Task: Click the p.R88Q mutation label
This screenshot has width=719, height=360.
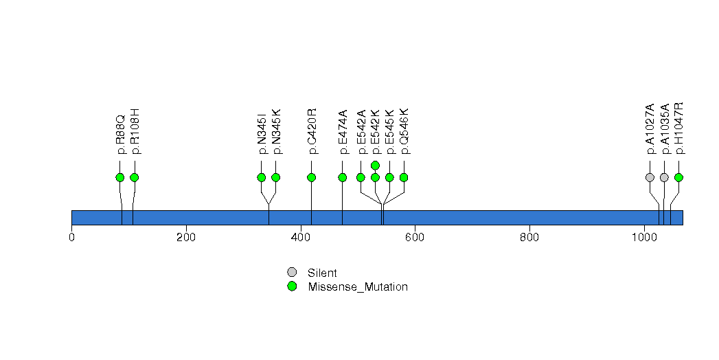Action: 120,134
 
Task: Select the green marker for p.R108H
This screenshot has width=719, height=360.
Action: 135,177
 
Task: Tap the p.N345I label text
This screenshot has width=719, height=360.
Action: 262,134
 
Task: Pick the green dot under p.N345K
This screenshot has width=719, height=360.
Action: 276,177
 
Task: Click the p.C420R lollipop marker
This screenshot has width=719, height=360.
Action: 312,177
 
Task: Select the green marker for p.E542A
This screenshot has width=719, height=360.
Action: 361,177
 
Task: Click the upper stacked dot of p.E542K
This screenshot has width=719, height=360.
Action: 376,166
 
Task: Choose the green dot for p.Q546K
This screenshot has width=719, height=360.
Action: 404,177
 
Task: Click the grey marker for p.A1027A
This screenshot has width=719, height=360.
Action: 650,177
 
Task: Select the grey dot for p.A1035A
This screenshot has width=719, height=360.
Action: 664,177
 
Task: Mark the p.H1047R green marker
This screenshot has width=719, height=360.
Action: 678,177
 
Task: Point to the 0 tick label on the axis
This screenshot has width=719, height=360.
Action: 71,238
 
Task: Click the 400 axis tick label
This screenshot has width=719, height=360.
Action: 301,238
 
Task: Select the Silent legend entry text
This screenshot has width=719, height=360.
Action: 322,273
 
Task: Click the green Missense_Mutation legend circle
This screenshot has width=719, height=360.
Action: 292,286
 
